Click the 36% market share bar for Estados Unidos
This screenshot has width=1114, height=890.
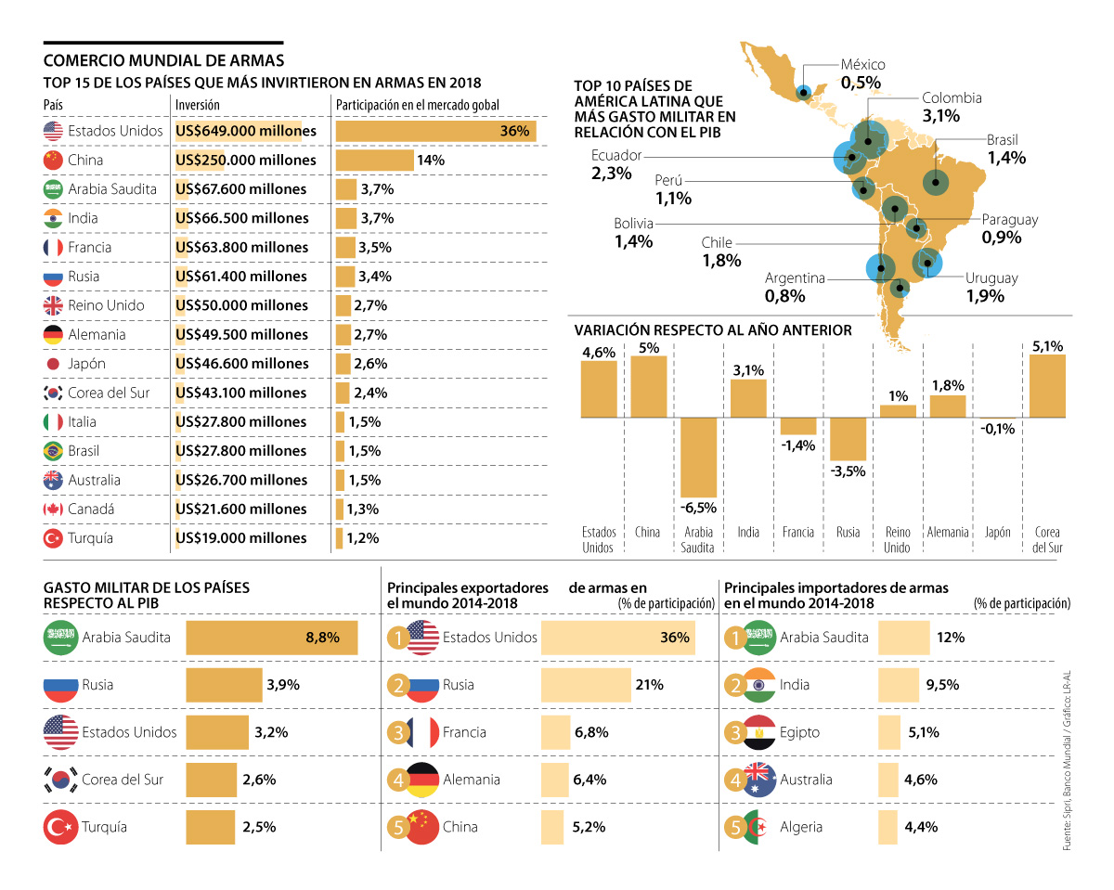click(435, 131)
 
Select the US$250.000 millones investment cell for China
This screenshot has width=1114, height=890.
click(246, 160)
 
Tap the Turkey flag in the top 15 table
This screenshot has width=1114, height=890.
click(53, 538)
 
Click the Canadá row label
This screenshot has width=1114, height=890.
click(91, 509)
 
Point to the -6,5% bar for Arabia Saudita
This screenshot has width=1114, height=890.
click(698, 458)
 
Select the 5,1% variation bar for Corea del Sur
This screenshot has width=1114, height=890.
click(1047, 386)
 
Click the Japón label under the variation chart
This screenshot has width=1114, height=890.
click(997, 533)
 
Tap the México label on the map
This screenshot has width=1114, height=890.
click(862, 65)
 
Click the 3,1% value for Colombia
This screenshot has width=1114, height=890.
click(941, 116)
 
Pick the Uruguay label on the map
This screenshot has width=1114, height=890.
click(991, 278)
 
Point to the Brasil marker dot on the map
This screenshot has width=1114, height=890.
click(935, 183)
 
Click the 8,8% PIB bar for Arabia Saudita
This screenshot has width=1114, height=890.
click(271, 638)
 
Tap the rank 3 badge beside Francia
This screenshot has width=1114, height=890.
click(398, 732)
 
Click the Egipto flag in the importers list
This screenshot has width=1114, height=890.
click(760, 732)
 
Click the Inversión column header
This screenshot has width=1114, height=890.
click(197, 105)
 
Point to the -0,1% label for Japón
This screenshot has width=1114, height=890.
click(998, 429)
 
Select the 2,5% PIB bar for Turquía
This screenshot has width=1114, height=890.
click(211, 828)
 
